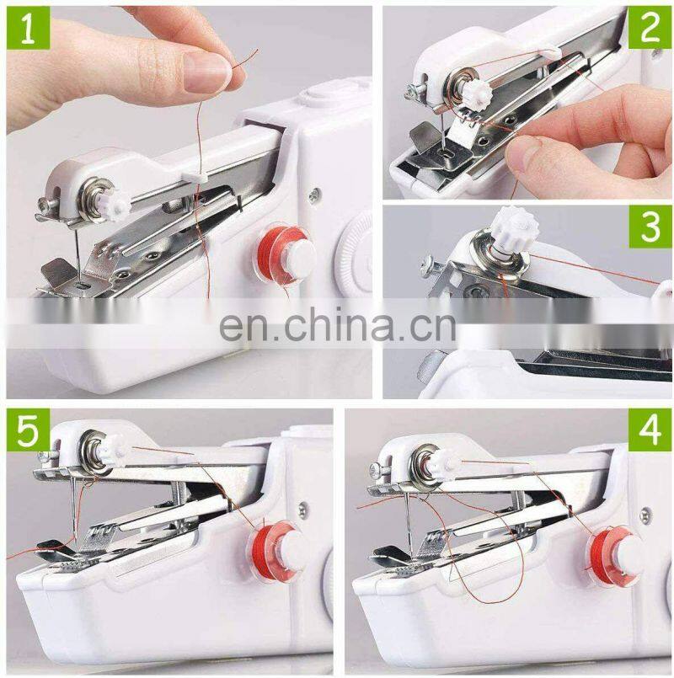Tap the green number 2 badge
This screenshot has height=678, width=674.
(x=650, y=28)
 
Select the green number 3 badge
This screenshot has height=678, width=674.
(x=650, y=226)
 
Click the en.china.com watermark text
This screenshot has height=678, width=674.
(x=337, y=324)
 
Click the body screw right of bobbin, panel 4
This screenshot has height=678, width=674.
(x=645, y=513)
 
